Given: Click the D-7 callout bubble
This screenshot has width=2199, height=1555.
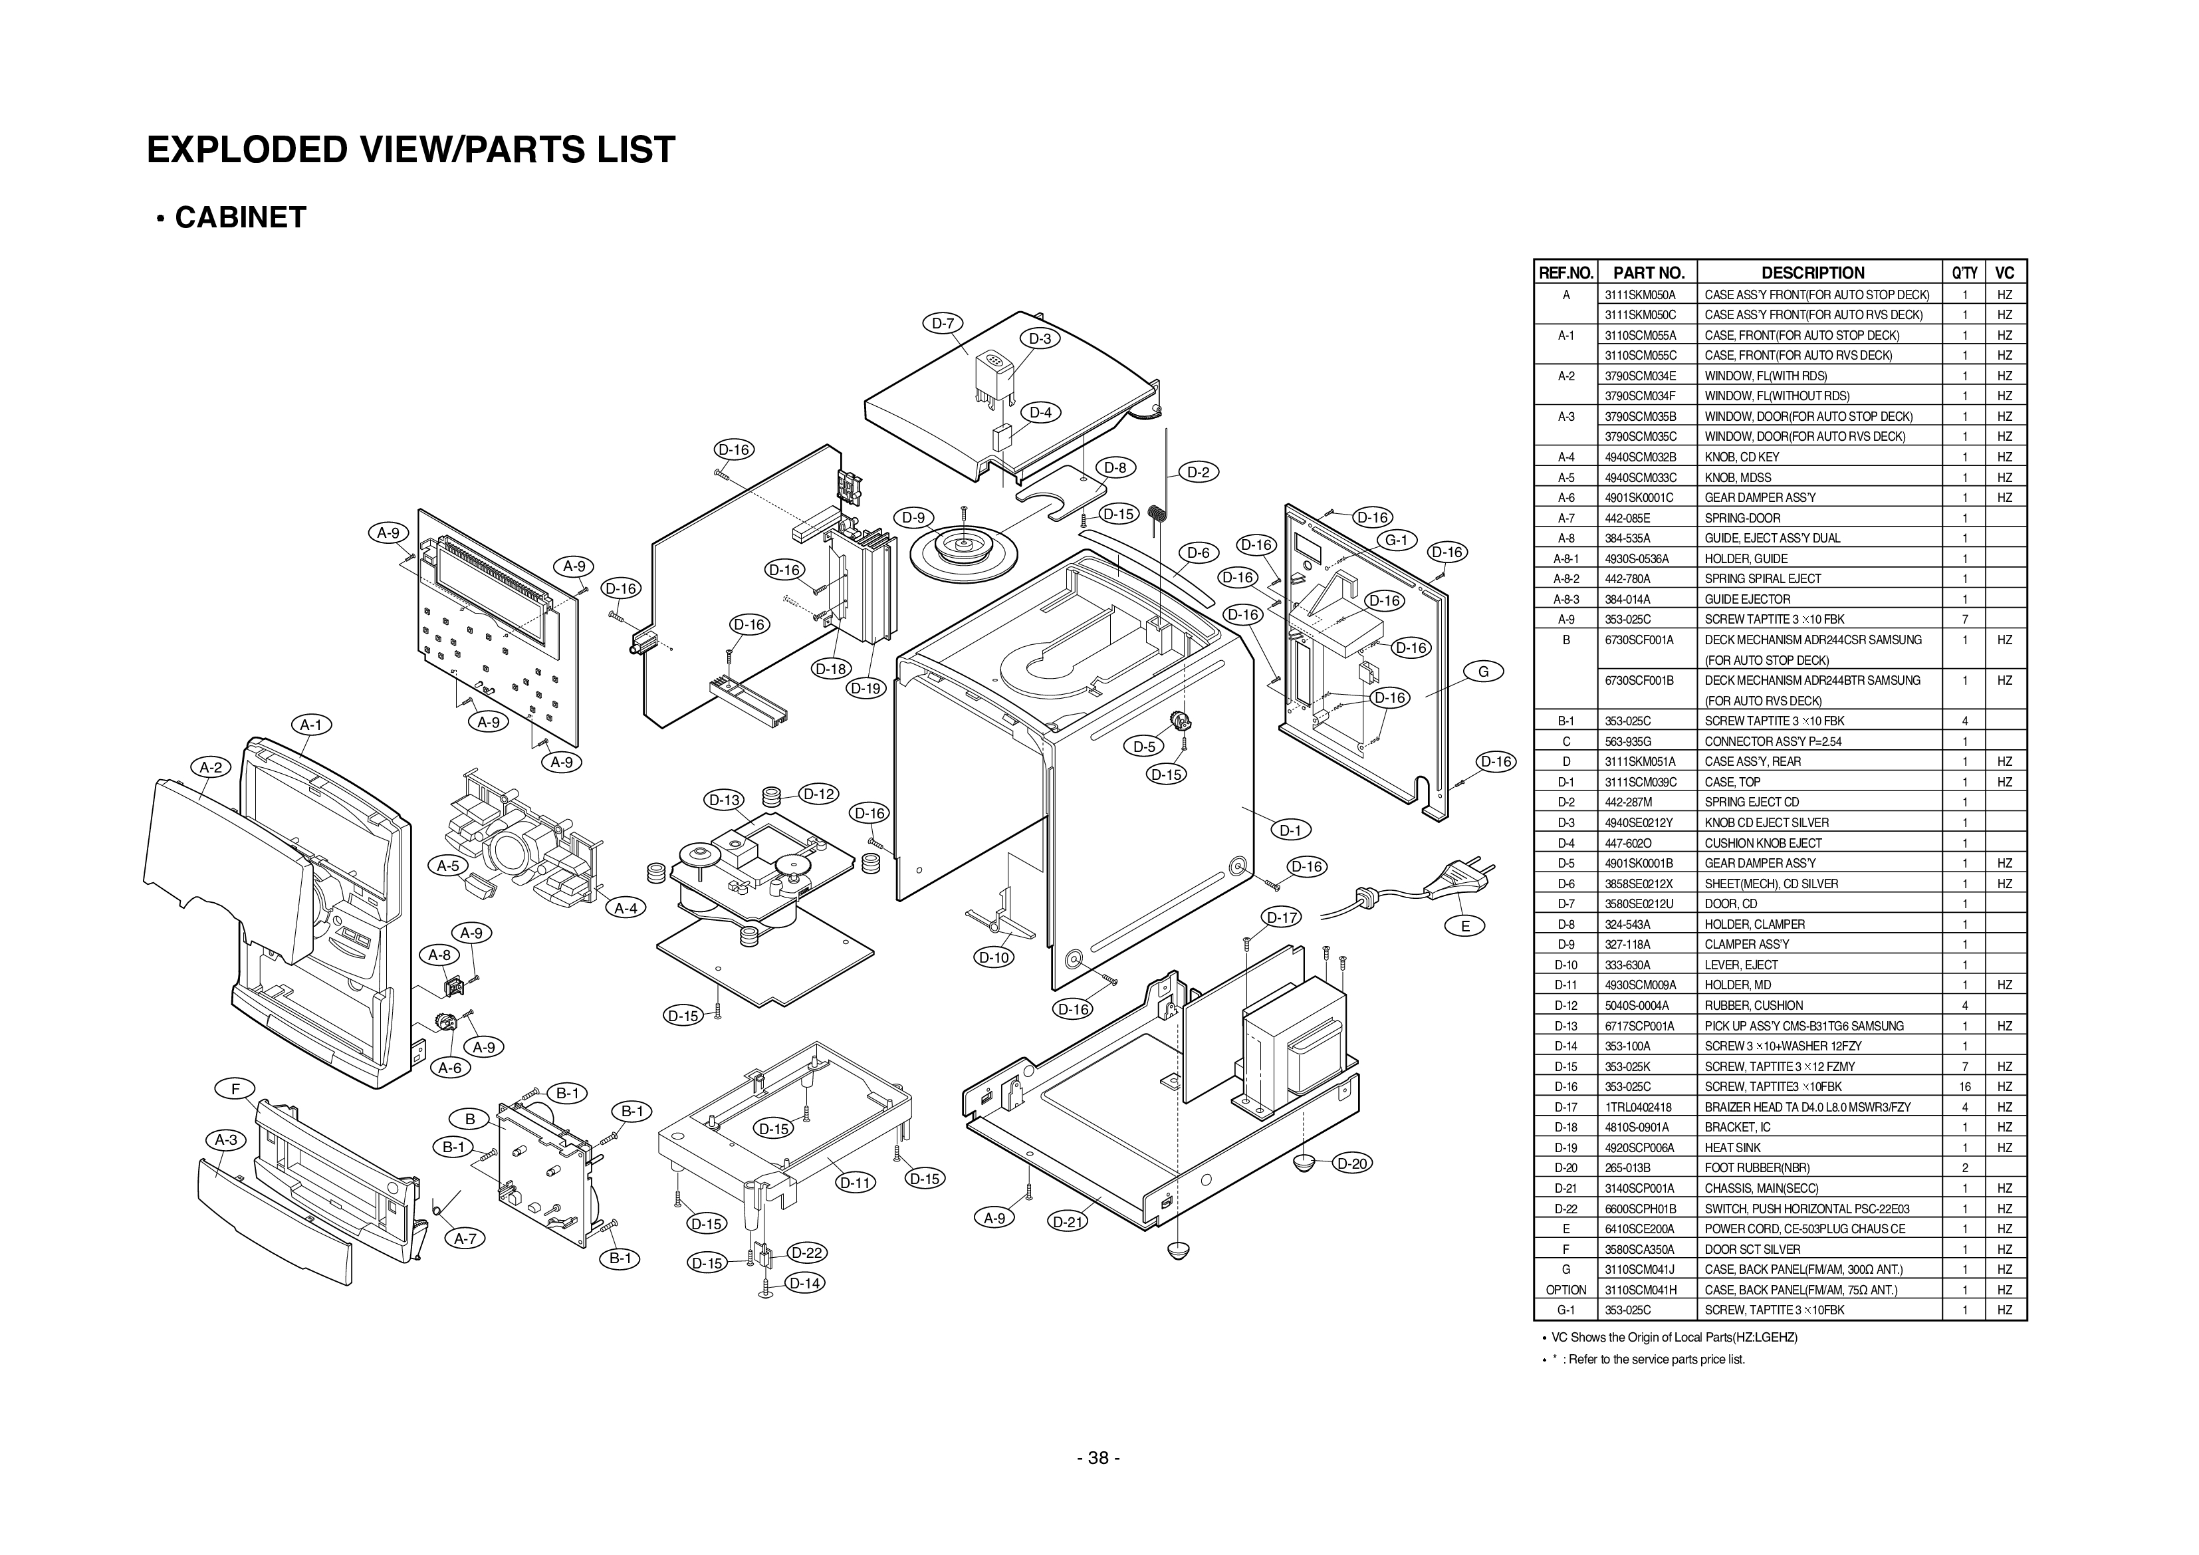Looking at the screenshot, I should (x=943, y=323).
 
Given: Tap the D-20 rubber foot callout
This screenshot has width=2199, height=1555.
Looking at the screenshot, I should (x=1351, y=1163).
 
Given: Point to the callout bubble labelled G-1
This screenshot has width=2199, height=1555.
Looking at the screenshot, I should (x=1397, y=540).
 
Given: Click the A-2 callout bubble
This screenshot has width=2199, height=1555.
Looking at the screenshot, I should (x=211, y=767).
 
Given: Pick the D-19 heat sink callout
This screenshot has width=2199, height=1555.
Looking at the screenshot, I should (x=866, y=688).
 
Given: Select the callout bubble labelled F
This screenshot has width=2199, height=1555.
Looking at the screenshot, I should (x=235, y=1088).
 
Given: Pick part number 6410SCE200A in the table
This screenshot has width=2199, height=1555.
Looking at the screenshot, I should (x=1641, y=1229).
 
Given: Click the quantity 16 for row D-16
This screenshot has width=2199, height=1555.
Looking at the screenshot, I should (x=1964, y=1086).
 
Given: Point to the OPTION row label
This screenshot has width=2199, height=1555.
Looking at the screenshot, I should (x=1566, y=1290).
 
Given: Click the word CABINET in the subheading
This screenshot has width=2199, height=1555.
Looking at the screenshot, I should (x=239, y=217).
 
